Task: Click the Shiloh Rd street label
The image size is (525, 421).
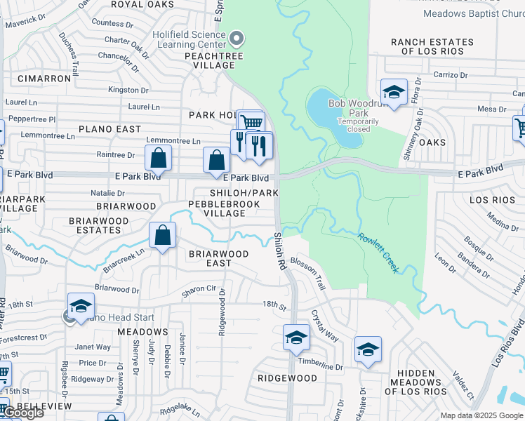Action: [x=281, y=250]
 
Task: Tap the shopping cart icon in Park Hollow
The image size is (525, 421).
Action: [x=251, y=122]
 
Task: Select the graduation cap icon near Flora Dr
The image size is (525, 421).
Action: [x=394, y=93]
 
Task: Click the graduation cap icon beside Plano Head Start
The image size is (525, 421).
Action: [x=81, y=306]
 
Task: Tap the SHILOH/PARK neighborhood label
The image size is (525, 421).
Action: [x=245, y=193]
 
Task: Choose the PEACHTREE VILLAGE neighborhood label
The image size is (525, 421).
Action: [x=208, y=60]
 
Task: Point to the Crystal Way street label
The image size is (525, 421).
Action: [x=325, y=326]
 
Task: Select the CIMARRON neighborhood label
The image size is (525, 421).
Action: [x=44, y=79]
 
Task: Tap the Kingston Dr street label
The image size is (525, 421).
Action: [x=128, y=90]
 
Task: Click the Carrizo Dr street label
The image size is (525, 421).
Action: [x=450, y=74]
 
